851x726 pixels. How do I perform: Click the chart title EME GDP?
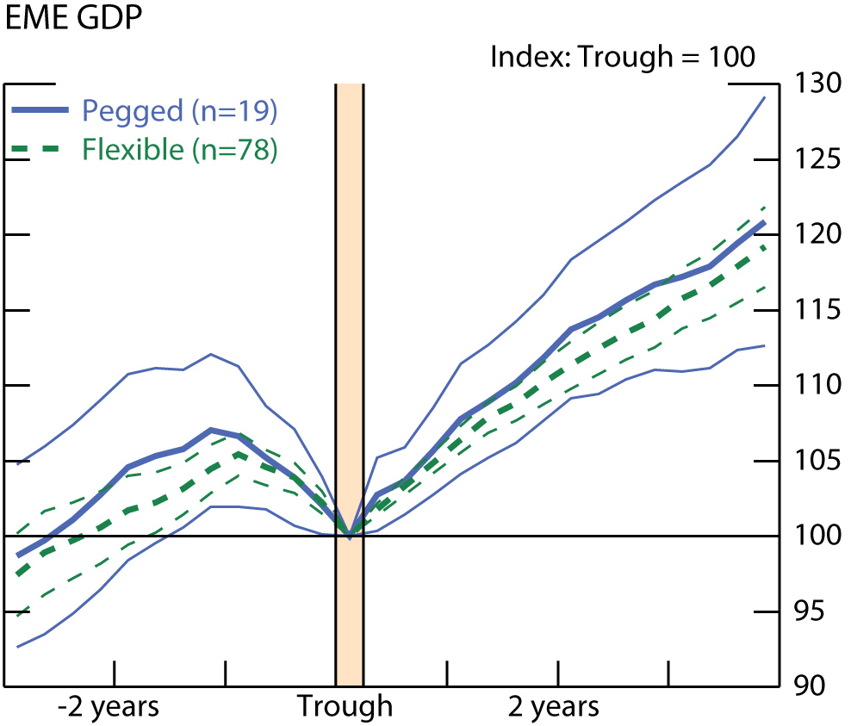pyautogui.click(x=74, y=18)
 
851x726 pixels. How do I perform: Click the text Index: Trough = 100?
pyautogui.click(x=622, y=58)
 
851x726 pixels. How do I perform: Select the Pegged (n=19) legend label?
pyautogui.click(x=179, y=111)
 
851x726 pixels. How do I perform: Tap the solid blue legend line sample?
pyautogui.click(x=40, y=111)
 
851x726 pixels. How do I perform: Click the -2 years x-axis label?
pyautogui.click(x=109, y=707)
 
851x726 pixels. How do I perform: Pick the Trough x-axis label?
pyautogui.click(x=345, y=707)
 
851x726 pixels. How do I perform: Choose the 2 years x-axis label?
pyautogui.click(x=553, y=707)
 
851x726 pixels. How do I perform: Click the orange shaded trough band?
pyautogui.click(x=349, y=344)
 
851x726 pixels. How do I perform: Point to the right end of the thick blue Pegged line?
pyautogui.click(x=764, y=222)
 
